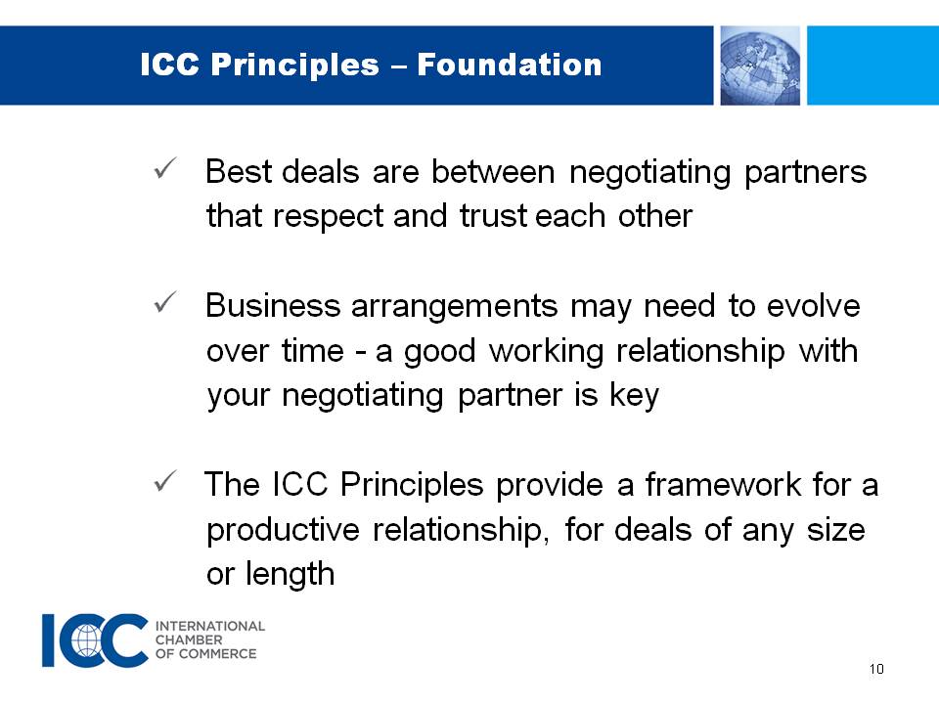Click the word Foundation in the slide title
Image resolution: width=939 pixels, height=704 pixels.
pos(509,65)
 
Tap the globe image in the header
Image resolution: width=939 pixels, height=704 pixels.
pos(760,66)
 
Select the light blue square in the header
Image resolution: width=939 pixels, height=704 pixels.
pos(872,66)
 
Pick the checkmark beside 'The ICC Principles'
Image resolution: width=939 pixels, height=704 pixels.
pos(164,481)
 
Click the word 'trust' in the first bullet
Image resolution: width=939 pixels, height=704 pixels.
pos(493,215)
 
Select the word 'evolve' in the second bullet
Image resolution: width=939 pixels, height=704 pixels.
pos(813,306)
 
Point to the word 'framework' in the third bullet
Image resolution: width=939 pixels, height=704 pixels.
pos(723,484)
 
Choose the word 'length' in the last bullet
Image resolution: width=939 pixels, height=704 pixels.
pos(290,575)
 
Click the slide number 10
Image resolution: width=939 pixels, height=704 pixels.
pos(876,669)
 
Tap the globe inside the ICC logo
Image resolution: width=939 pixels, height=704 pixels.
pos(87,639)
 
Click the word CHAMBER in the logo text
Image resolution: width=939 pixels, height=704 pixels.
pos(189,639)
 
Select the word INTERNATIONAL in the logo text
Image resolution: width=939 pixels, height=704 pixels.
pos(210,626)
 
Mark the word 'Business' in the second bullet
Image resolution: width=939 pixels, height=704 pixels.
pos(273,306)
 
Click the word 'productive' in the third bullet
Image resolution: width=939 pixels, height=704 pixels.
pos(283,531)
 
